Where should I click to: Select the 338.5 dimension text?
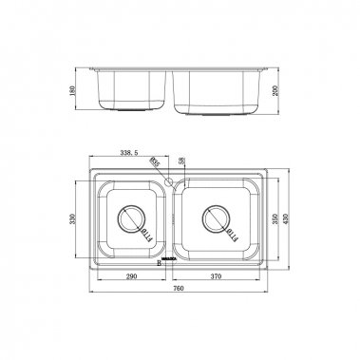click(128, 150)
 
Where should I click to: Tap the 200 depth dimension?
click(276, 90)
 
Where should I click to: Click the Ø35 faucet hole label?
click(154, 163)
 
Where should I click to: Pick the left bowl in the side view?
click(135, 92)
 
